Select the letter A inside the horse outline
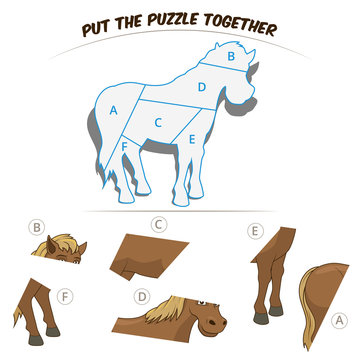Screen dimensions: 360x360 114,109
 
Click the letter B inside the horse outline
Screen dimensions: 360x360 231,58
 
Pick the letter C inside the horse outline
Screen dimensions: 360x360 158,122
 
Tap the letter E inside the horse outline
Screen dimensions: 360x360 191,139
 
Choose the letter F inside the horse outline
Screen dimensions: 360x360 123,147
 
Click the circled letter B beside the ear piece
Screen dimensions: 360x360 37,226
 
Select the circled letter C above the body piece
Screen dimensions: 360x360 159,224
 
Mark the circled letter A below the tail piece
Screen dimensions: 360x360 340,320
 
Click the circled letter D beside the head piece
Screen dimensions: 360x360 143,296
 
